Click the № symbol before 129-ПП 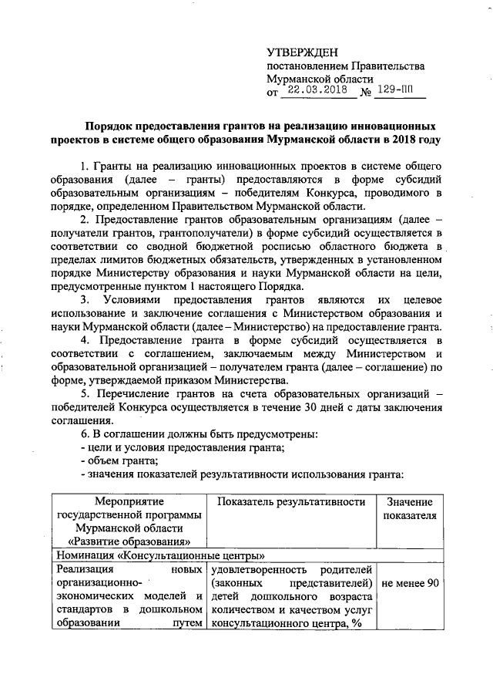[367, 93]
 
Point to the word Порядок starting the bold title [111, 125]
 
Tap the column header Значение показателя [410, 509]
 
